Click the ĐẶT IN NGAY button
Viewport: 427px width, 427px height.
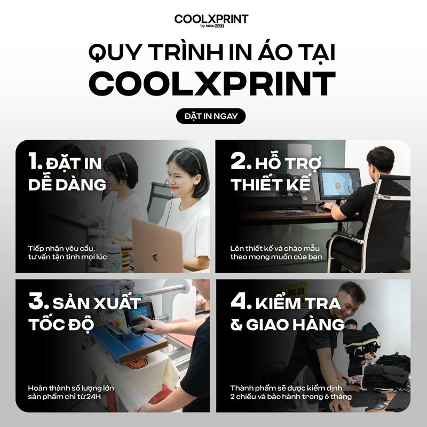pyautogui.click(x=211, y=116)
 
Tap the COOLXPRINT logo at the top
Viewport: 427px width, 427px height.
pyautogui.click(x=211, y=20)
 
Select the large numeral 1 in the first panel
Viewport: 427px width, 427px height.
pyautogui.click(x=34, y=161)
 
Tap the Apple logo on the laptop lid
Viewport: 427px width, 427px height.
pyautogui.click(x=155, y=256)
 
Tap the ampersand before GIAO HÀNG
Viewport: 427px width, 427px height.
pyautogui.click(x=236, y=325)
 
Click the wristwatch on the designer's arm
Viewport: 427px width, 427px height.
pyautogui.click(x=333, y=206)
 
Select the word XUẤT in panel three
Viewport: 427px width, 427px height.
pyautogui.click(x=117, y=303)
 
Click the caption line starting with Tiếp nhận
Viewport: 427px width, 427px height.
pyautogui.click(x=62, y=249)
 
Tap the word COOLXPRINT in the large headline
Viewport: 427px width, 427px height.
pyautogui.click(x=212, y=83)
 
